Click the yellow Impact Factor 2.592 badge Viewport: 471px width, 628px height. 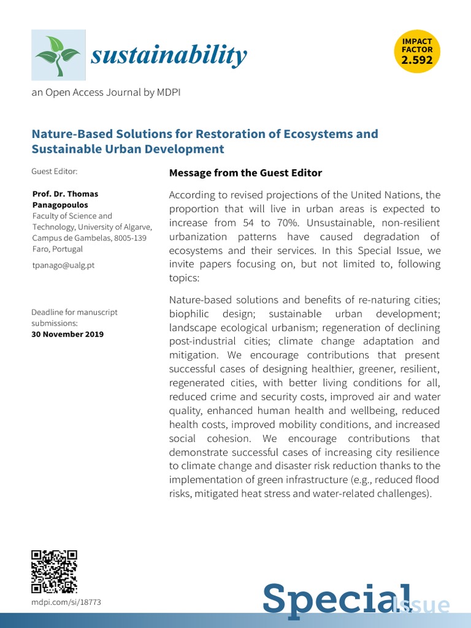(416, 52)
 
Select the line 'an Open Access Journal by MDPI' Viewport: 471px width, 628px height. (106, 92)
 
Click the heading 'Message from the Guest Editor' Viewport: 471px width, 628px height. (245, 173)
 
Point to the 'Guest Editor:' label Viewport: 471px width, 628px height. (54, 172)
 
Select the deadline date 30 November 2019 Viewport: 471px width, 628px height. (67, 334)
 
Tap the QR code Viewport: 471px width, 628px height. (54, 572)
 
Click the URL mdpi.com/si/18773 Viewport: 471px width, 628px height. (66, 603)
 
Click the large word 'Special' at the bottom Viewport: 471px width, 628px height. (328, 598)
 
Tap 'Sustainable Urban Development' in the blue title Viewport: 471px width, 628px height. (128, 149)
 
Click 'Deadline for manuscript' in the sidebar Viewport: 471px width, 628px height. (74, 312)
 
